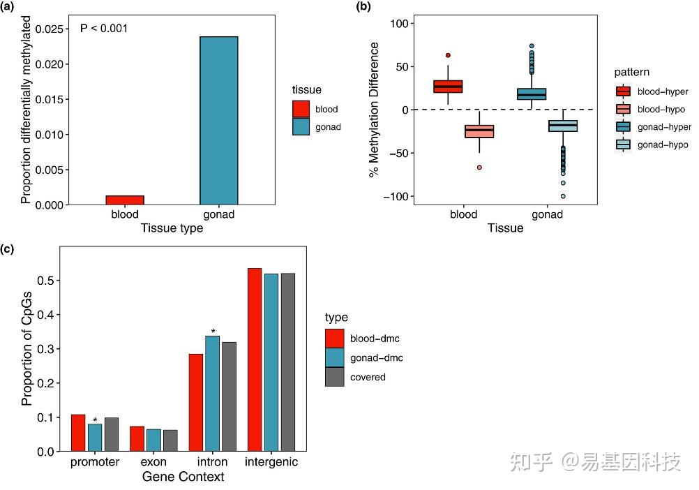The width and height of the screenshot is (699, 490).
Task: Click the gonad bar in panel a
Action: (219, 120)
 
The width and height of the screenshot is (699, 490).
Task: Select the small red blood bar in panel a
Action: (125, 200)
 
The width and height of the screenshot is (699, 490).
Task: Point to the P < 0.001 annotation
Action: (104, 29)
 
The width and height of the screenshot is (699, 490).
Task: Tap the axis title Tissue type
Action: (172, 228)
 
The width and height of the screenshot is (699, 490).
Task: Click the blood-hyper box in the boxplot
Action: (448, 86)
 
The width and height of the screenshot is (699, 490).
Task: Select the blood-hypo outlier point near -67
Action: (479, 168)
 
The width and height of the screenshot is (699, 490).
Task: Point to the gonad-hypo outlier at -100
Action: (562, 196)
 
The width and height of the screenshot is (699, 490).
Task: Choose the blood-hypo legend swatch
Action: (623, 110)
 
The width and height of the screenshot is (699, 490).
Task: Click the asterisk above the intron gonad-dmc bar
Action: (213, 332)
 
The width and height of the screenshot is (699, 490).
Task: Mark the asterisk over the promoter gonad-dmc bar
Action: (95, 420)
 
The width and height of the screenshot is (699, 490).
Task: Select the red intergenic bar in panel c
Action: (254, 359)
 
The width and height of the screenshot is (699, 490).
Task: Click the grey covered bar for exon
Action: (170, 440)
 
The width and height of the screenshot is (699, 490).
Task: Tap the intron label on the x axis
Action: (213, 462)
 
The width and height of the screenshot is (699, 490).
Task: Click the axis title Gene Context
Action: (183, 477)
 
